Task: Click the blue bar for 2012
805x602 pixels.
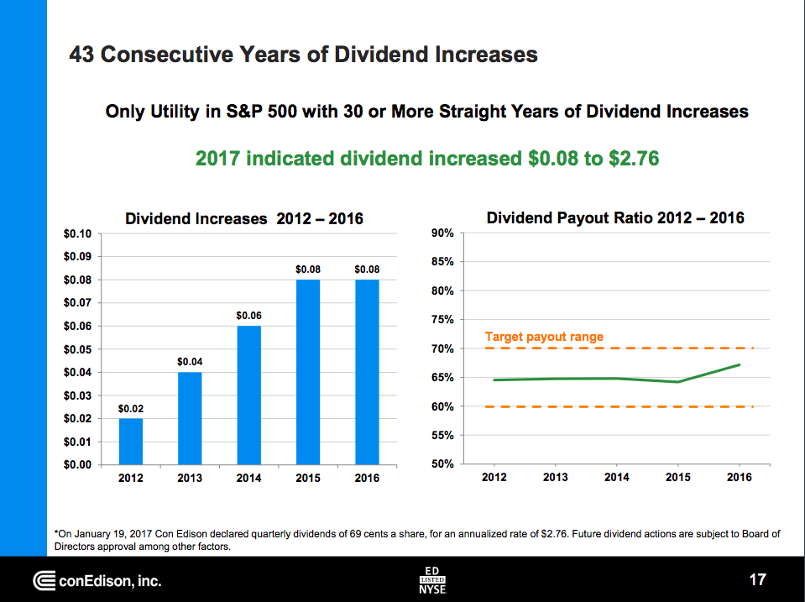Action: pyautogui.click(x=130, y=441)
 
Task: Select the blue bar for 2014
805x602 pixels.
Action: pyautogui.click(x=248, y=395)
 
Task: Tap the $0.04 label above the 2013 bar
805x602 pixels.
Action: pyautogui.click(x=190, y=361)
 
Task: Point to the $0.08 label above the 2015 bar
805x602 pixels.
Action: pyautogui.click(x=308, y=270)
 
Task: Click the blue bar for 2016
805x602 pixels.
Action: pyautogui.click(x=367, y=371)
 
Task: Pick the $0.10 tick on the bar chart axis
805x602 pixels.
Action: pyautogui.click(x=78, y=233)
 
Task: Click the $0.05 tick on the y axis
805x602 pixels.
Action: pyautogui.click(x=78, y=348)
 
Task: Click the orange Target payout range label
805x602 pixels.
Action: pyautogui.click(x=544, y=337)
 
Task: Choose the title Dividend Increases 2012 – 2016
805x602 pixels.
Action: pyautogui.click(x=243, y=218)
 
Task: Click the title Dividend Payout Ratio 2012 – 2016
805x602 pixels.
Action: pyautogui.click(x=615, y=218)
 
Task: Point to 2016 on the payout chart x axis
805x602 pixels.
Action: pyautogui.click(x=739, y=477)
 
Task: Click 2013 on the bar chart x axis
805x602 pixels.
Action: pyautogui.click(x=190, y=478)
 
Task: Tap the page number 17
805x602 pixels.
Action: pyautogui.click(x=757, y=579)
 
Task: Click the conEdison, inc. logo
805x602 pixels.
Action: pyautogui.click(x=97, y=580)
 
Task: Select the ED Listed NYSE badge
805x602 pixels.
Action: pyautogui.click(x=432, y=579)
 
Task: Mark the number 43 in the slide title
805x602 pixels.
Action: pyautogui.click(x=82, y=55)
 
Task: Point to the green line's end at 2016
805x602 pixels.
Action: pyautogui.click(x=739, y=364)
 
